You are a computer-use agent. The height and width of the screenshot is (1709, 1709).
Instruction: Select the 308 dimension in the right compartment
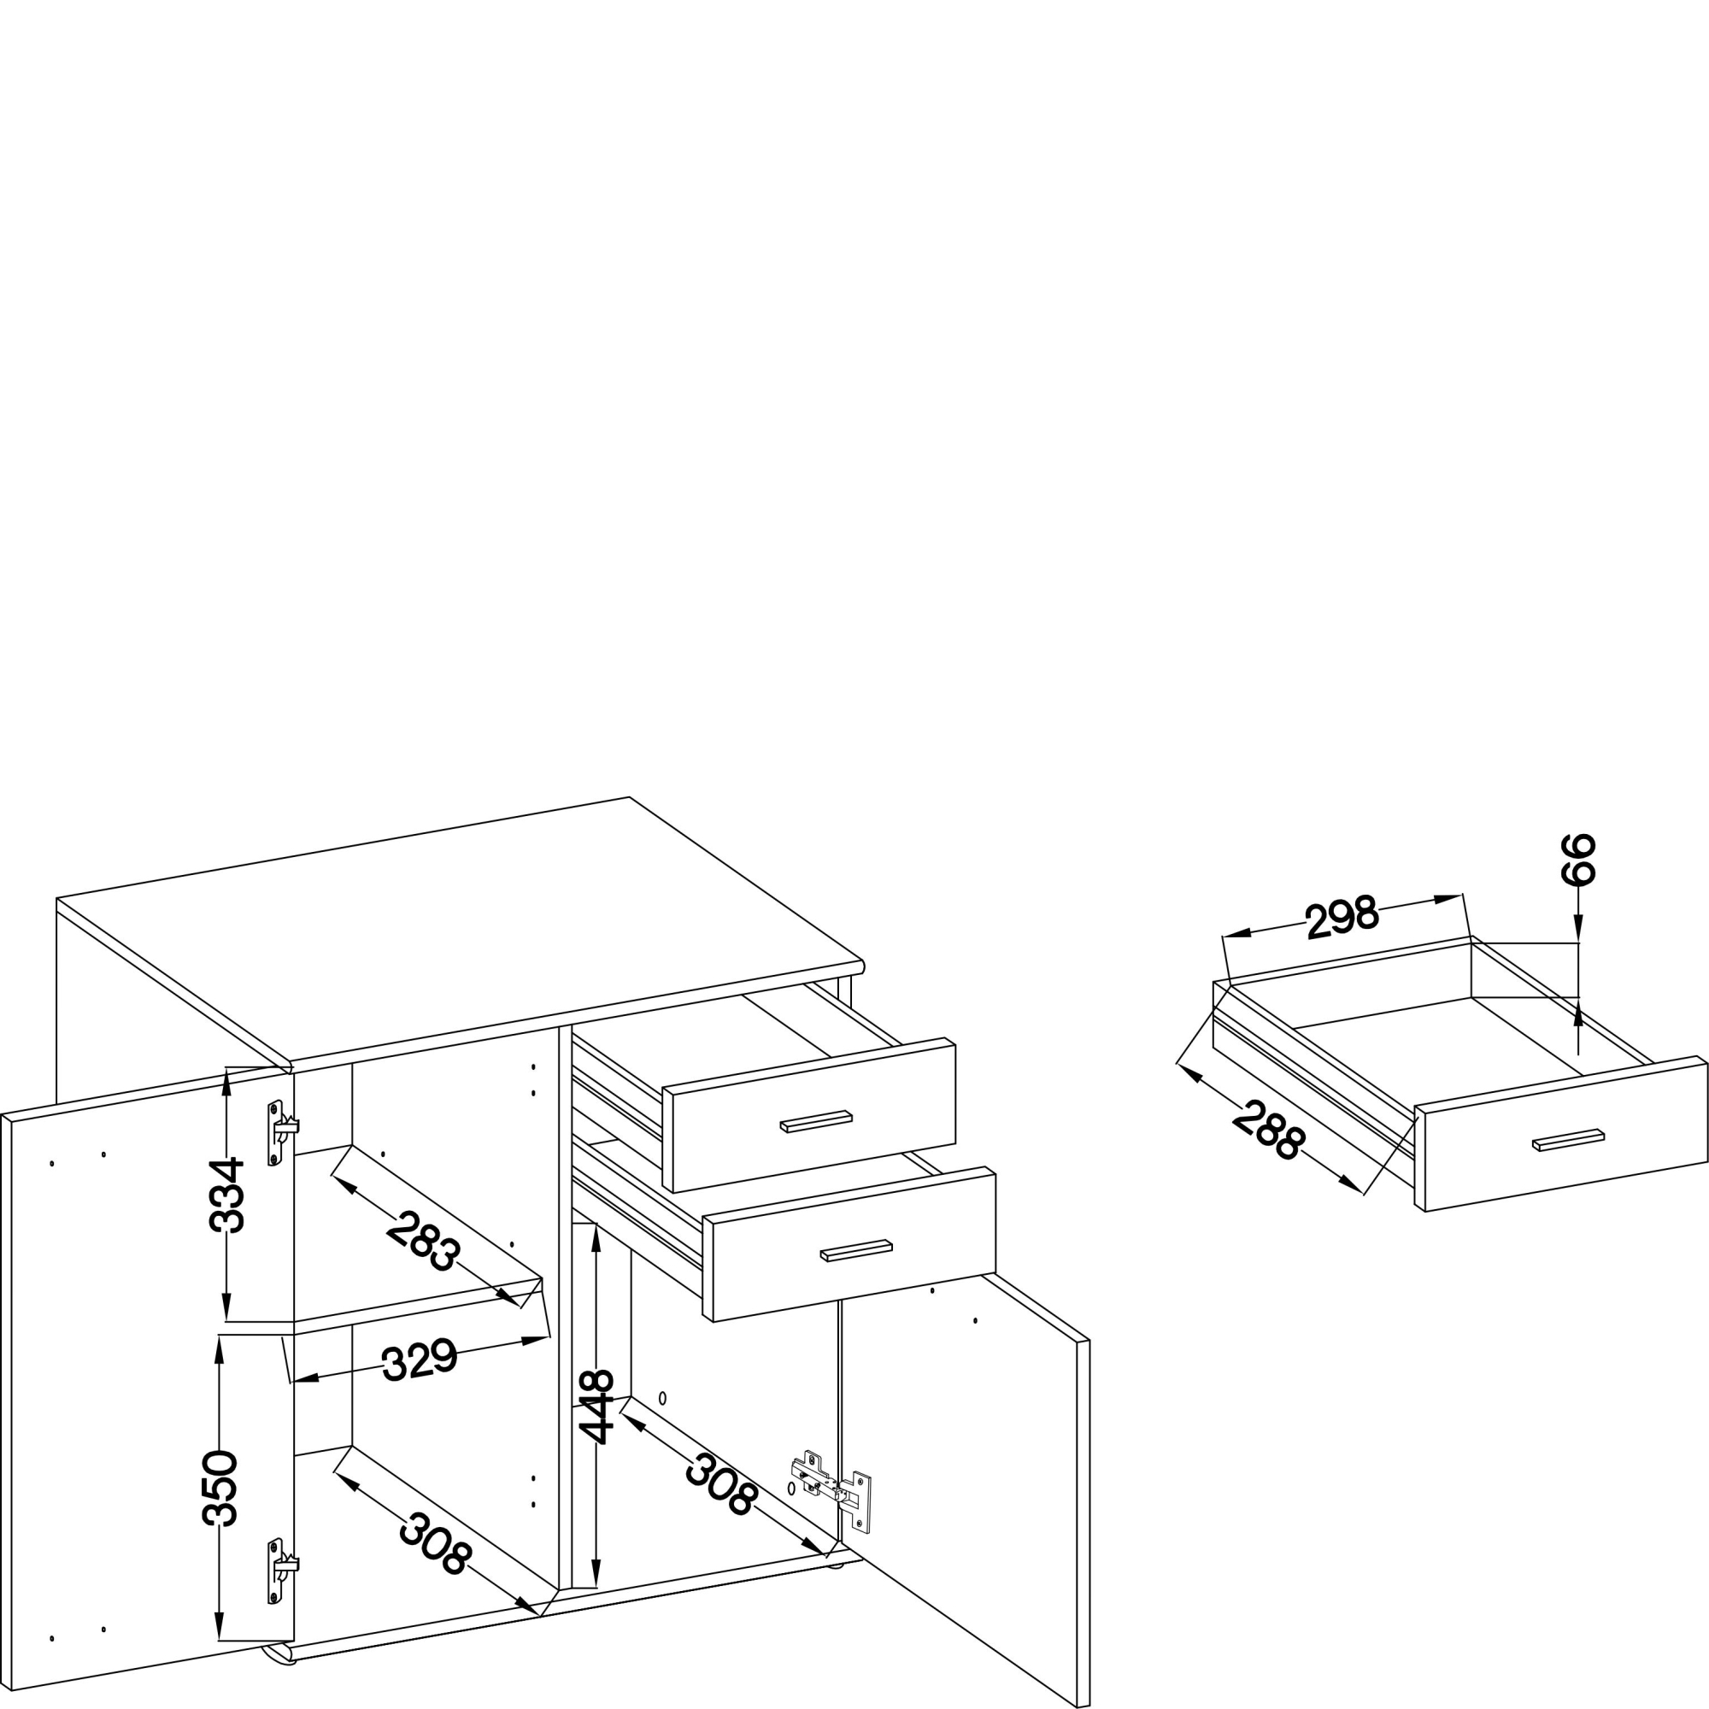pos(721,1483)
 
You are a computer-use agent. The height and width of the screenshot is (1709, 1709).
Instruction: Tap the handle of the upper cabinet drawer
pos(815,1122)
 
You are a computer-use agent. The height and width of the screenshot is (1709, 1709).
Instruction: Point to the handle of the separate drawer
pos(1568,1140)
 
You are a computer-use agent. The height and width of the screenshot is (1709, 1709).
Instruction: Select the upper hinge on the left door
pos(282,1133)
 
